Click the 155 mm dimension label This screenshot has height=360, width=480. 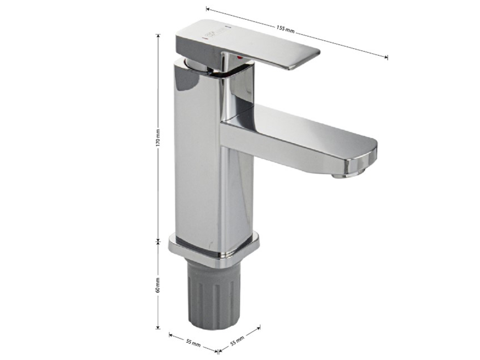pos(285,29)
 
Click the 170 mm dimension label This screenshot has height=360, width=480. pos(158,137)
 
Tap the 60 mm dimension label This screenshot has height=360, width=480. pos(157,285)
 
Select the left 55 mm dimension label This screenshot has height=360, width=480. pos(193,342)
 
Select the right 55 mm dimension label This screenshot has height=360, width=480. pos(237,340)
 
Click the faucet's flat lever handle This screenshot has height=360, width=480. pos(247,44)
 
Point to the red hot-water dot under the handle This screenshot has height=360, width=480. pos(239,57)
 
